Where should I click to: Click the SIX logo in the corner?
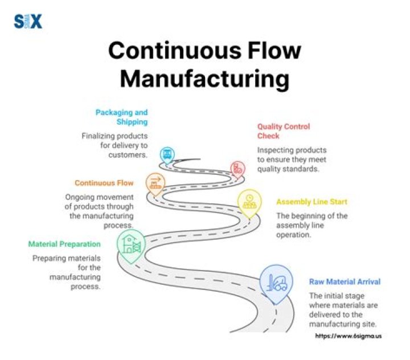(x=28, y=22)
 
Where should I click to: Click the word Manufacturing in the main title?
(x=205, y=79)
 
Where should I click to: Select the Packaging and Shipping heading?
(x=122, y=117)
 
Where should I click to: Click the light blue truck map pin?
(x=167, y=155)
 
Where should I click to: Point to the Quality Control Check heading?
(x=284, y=131)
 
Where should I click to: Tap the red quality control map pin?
(x=237, y=169)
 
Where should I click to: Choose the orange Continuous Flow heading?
(x=104, y=183)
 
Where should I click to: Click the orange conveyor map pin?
(x=155, y=183)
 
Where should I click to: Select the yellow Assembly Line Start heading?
(x=311, y=202)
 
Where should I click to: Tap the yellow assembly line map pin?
(x=249, y=203)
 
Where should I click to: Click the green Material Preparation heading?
(x=64, y=244)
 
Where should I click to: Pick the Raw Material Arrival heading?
(x=345, y=281)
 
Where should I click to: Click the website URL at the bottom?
(x=348, y=336)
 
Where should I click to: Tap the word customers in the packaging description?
(x=128, y=155)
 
